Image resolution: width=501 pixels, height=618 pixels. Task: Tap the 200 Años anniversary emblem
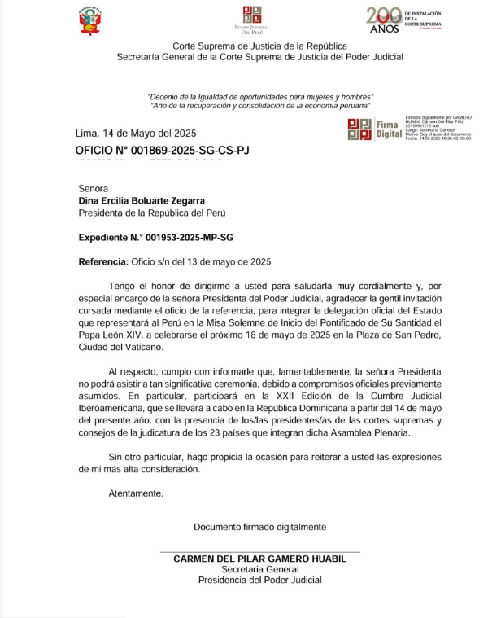[404, 20]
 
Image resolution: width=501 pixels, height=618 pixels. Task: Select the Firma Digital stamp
[375, 129]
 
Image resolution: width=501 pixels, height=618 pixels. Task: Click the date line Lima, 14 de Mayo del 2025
[135, 134]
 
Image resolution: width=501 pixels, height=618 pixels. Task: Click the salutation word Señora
[94, 188]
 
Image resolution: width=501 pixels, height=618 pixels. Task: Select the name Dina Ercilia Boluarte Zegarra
[152, 200]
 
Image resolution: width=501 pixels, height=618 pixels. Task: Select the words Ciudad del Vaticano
[118, 347]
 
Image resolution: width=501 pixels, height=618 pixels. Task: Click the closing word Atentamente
[136, 493]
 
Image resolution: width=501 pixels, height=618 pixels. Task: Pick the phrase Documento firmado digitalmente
[259, 527]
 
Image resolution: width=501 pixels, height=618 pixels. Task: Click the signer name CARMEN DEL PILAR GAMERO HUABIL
[259, 559]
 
